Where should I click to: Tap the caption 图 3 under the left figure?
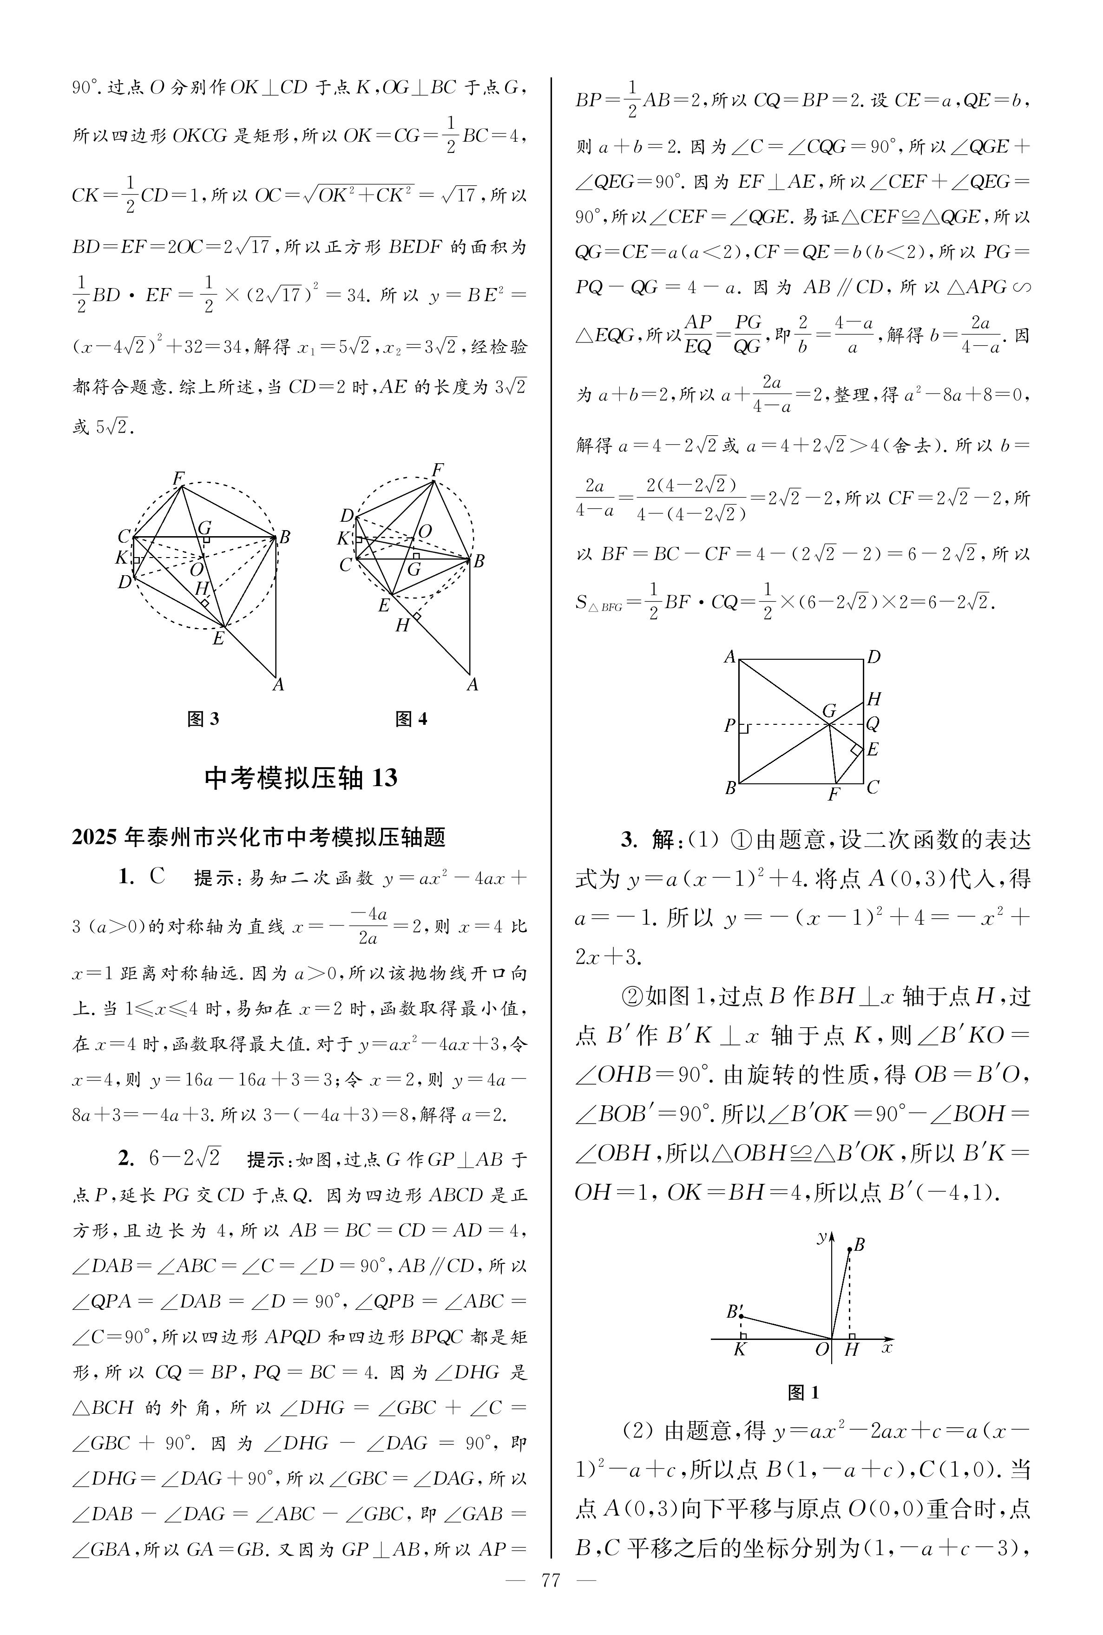coord(204,719)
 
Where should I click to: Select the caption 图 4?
coord(412,719)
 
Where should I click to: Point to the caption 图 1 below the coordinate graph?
coord(803,1392)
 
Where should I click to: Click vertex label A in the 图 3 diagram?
coord(279,685)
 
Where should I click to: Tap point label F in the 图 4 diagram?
coord(438,470)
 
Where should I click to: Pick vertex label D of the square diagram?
coord(873,657)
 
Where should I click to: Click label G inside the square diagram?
coord(829,711)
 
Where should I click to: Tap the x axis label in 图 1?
coord(887,1348)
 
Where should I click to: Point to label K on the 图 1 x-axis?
coord(739,1349)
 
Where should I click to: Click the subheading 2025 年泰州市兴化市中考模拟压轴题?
coord(259,837)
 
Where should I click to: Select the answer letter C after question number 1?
coord(157,877)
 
